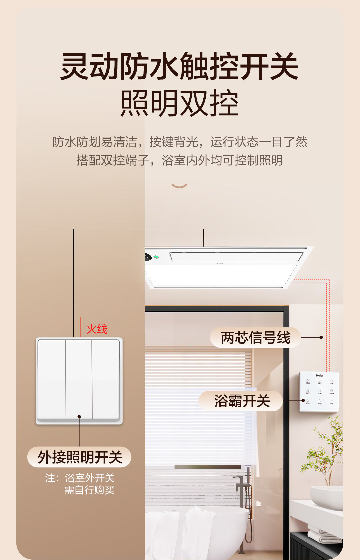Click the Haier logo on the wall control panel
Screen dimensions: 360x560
tap(319, 376)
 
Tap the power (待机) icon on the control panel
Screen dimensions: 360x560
tap(332, 401)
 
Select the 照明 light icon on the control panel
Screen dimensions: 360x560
tap(308, 381)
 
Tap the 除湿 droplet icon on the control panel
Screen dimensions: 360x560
tap(320, 401)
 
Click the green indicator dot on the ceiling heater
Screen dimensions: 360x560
tap(156, 257)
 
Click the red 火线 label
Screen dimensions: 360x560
tap(97, 329)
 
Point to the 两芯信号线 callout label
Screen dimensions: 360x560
tap(256, 338)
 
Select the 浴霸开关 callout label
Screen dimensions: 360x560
tap(242, 401)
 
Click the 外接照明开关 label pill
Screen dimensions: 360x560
tap(80, 457)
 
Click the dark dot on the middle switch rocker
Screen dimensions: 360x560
tap(79, 417)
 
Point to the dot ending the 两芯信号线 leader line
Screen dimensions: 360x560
tap(321, 337)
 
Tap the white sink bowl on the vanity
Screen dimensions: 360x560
tap(326, 496)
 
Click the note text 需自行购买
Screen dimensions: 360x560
tap(89, 490)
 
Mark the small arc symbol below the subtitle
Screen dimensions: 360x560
tap(179, 186)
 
